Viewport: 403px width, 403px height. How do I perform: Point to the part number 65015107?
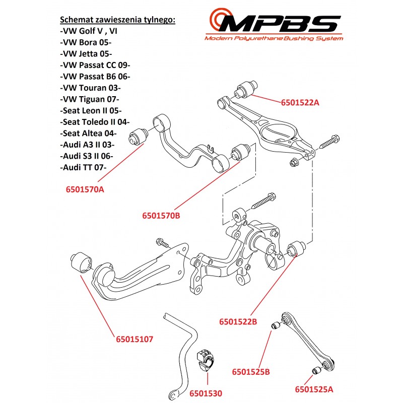tap(134, 340)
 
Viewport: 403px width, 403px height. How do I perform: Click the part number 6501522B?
tap(238, 321)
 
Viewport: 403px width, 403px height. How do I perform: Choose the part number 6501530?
tap(206, 393)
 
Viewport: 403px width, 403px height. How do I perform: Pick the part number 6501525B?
tap(251, 372)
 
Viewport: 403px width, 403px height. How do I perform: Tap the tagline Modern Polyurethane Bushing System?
tap(274, 39)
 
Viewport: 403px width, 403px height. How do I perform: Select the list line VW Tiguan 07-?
tap(87, 98)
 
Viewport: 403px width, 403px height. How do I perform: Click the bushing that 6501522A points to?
tap(247, 87)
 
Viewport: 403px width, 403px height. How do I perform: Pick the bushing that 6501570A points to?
tap(138, 136)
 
